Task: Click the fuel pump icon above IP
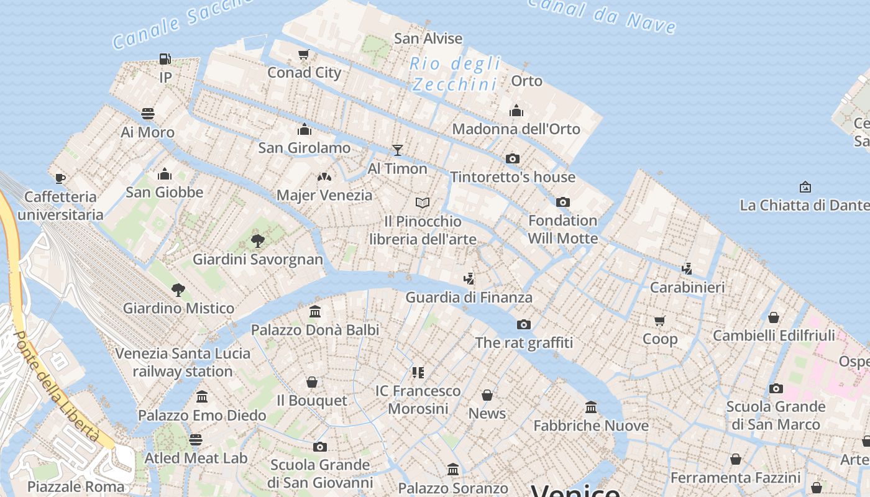coord(165,59)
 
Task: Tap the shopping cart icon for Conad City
coord(304,54)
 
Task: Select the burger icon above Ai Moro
coord(148,114)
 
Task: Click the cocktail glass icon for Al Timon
coord(398,150)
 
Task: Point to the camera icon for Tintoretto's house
coord(513,158)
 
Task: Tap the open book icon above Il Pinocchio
coord(423,203)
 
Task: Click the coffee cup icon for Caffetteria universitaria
coord(60,178)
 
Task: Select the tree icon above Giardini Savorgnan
coord(258,241)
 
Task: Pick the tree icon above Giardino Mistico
coord(178,290)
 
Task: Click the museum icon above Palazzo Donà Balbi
coord(315,311)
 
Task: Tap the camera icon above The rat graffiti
coord(524,324)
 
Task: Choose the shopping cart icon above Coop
coord(660,321)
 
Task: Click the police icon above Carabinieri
coord(687,269)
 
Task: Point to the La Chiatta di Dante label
coord(805,205)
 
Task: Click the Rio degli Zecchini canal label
coord(456,73)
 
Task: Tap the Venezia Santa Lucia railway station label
coord(183,362)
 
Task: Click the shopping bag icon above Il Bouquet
coord(312,382)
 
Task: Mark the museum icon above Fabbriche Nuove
coord(591,408)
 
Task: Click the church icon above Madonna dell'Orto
coord(516,111)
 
